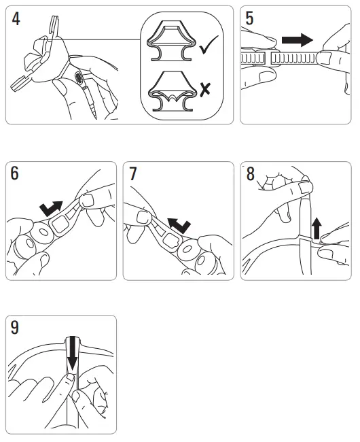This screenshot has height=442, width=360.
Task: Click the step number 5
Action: tap(250, 18)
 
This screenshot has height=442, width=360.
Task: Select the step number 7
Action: tap(133, 175)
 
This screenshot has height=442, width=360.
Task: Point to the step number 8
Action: tap(250, 175)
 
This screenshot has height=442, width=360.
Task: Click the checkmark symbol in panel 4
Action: tap(209, 48)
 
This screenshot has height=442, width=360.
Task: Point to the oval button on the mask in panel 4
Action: tap(79, 79)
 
